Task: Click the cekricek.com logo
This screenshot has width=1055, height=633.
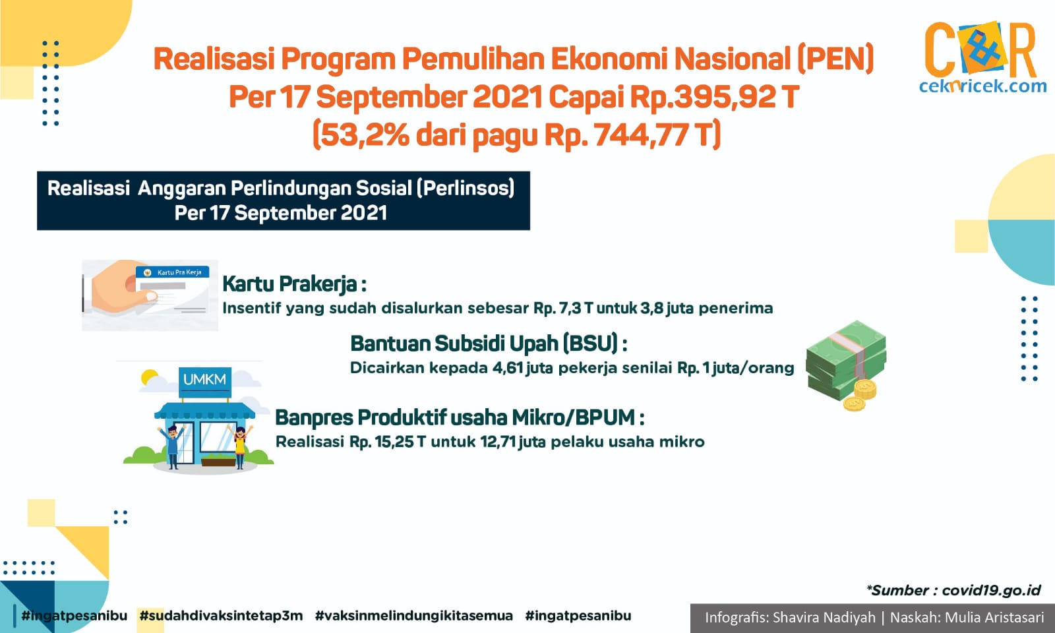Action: [x=982, y=57]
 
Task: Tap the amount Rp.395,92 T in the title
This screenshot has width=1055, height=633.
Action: [x=714, y=97]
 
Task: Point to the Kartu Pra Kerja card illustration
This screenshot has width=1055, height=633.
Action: [x=150, y=295]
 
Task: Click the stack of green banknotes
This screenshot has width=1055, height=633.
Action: [x=846, y=360]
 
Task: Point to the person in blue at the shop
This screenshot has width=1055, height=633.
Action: [x=172, y=446]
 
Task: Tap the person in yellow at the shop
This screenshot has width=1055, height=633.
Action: [x=240, y=446]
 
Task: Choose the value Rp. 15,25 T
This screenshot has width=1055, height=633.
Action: [x=388, y=442]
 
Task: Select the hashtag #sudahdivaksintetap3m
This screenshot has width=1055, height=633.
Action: [x=221, y=616]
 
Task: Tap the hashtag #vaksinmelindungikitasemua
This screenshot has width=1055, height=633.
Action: [x=413, y=616]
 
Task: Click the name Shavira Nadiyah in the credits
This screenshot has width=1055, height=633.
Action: [x=824, y=617]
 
